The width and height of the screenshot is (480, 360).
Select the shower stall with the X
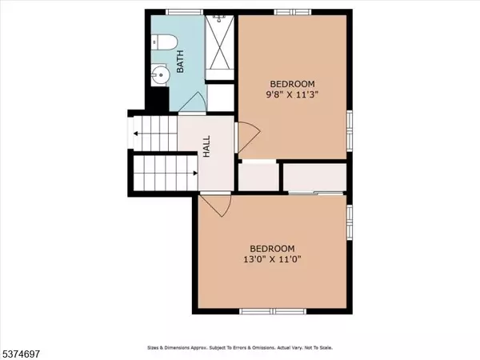coord(220,40)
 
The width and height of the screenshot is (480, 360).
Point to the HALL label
coord(206,145)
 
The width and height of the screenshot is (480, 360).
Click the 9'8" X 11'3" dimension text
coord(291,95)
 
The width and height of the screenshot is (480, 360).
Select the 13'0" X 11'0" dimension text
coord(272,259)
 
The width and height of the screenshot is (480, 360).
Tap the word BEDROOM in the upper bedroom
coord(291,83)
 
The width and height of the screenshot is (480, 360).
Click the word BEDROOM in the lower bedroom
coord(272,247)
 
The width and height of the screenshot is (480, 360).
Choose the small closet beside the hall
coord(258,177)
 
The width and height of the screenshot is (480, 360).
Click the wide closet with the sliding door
coord(315,177)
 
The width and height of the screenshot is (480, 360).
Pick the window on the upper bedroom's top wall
coord(292,11)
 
